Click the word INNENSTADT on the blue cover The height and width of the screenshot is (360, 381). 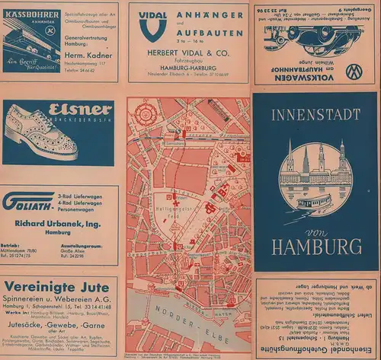tap(316, 119)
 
